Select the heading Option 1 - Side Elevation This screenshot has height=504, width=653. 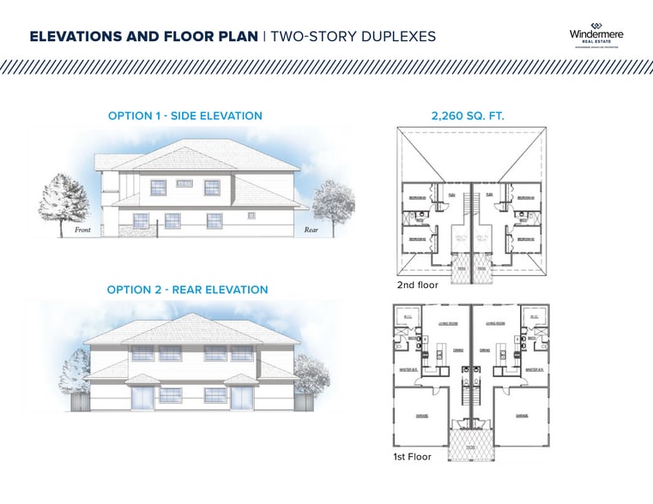(185, 116)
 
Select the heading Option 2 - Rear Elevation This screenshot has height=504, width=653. (187, 290)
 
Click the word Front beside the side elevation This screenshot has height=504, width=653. (83, 231)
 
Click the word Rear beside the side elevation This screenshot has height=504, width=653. (311, 231)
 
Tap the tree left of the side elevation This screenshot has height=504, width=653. (61, 203)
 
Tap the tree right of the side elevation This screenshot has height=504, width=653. (331, 206)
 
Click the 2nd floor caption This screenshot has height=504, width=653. (417, 285)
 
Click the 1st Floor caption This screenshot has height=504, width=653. (413, 457)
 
